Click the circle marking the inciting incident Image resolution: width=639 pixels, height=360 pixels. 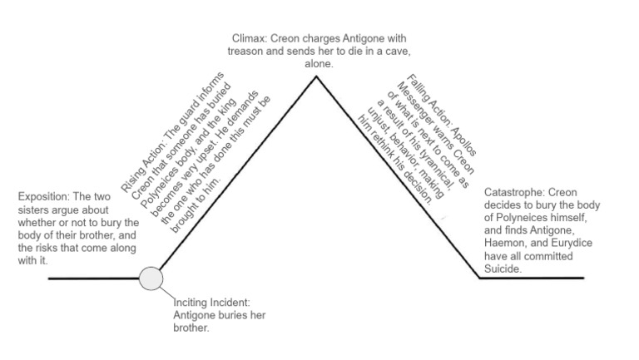(150, 278)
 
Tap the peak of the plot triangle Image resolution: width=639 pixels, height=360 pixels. (315, 77)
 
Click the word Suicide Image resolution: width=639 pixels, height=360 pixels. (503, 269)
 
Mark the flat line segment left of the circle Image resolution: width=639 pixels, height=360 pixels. (92, 279)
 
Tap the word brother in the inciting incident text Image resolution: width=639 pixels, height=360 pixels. (190, 328)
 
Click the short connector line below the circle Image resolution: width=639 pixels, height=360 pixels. (166, 293)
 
